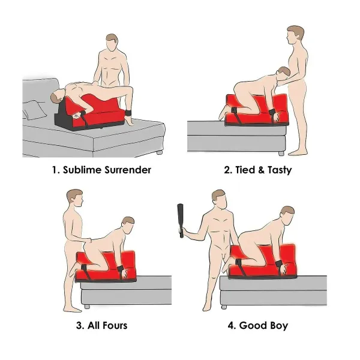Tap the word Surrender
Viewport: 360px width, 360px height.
tap(128, 170)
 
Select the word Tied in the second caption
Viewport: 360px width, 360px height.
tap(245, 170)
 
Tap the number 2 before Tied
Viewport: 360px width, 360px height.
tap(228, 170)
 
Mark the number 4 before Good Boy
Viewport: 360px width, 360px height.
tap(230, 326)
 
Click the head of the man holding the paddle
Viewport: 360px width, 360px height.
tap(219, 200)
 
